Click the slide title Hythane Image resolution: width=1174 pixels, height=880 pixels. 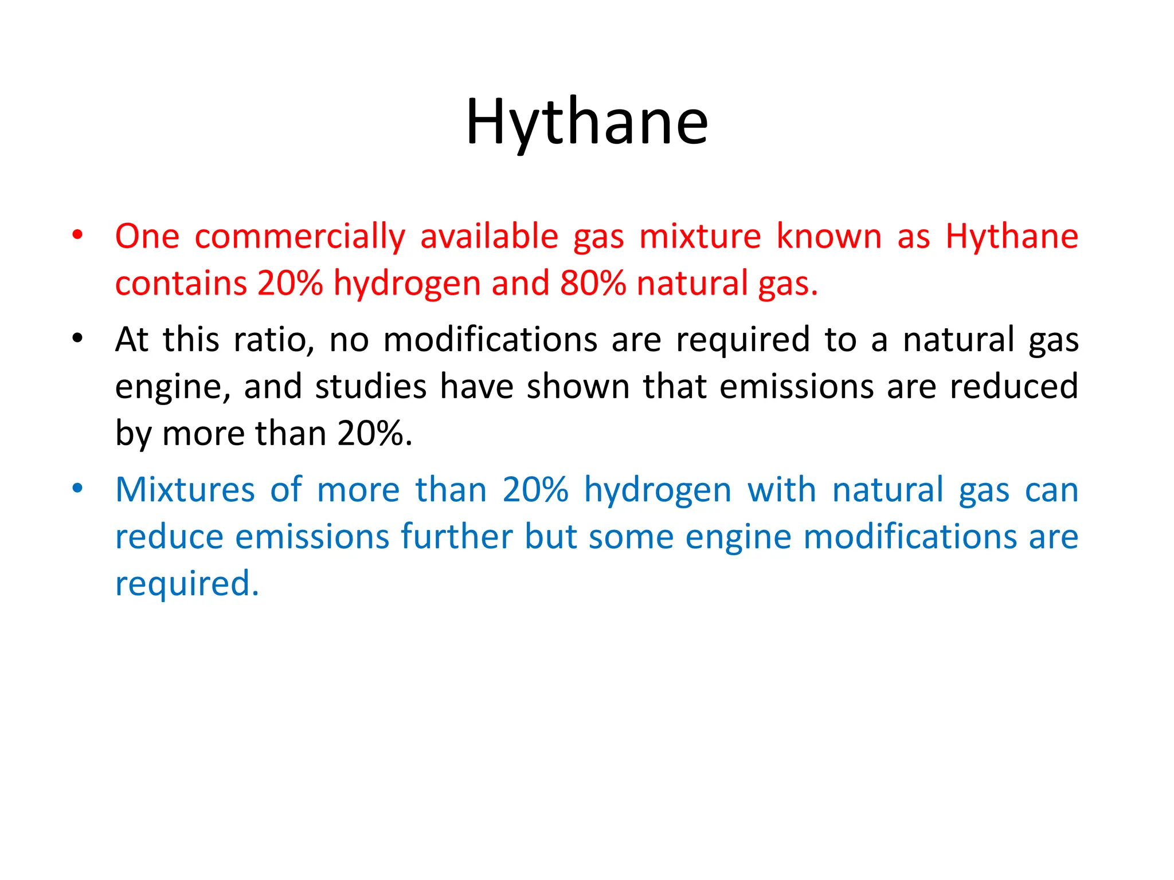587,123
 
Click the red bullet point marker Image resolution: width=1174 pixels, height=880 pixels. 77,235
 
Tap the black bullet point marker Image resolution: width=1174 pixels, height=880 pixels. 77,338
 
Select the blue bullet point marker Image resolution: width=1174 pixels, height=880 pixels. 77,489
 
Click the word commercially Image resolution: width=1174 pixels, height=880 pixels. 300,237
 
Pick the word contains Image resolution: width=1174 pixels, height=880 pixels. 181,283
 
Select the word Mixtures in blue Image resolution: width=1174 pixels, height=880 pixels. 185,490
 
